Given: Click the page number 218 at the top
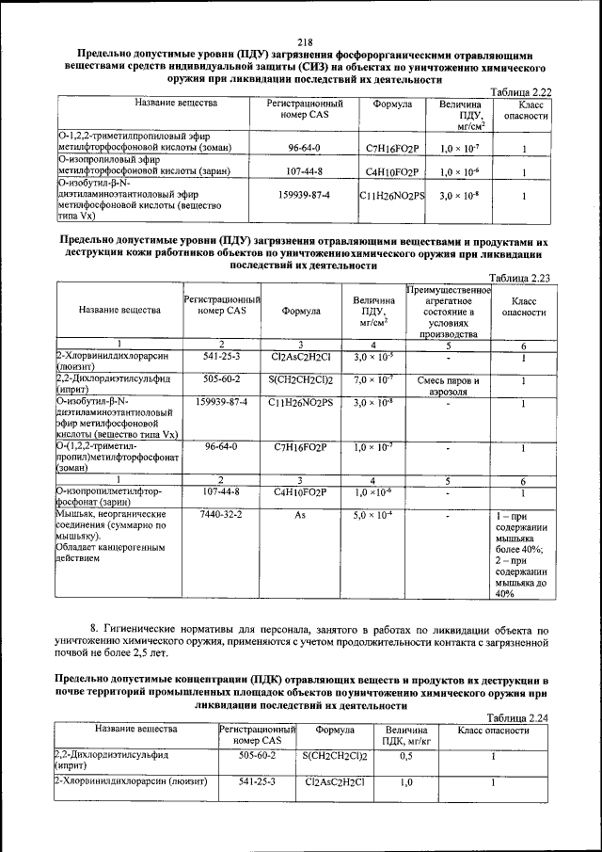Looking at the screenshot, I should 304,41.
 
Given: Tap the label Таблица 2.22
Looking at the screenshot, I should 520,91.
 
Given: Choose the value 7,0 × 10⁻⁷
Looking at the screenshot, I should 373,379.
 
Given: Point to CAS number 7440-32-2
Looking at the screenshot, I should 222,515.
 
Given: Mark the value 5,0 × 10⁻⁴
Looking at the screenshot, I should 373,515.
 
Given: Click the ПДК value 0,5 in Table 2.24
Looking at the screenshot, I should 407,755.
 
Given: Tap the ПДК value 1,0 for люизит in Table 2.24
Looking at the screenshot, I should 407,781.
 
